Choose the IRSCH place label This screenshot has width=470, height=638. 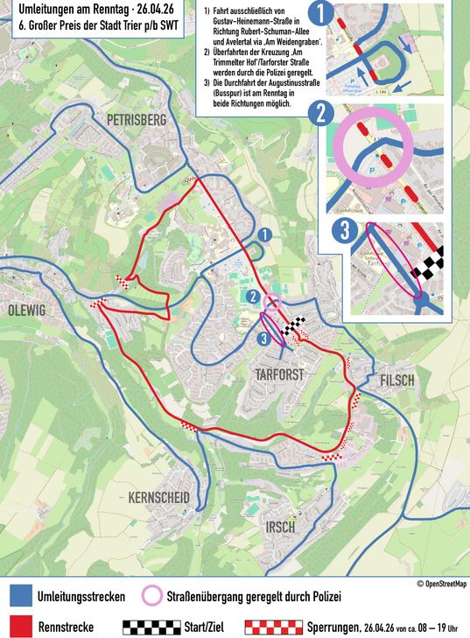(x=281, y=527)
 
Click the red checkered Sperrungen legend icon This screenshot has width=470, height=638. (x=271, y=627)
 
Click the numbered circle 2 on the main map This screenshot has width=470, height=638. (x=253, y=298)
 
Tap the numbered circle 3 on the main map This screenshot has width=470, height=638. (x=263, y=339)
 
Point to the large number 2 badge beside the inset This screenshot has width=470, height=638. (x=323, y=112)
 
